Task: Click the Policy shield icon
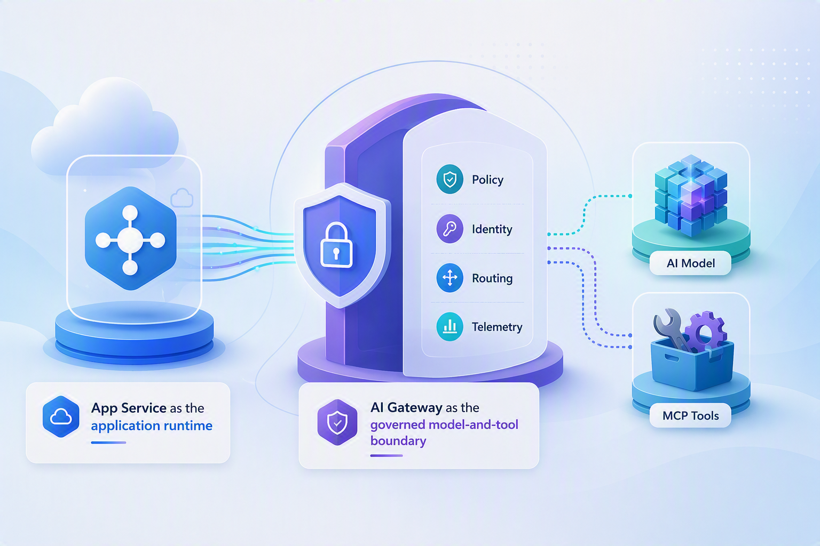450,179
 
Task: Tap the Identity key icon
450,229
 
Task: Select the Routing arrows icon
450,278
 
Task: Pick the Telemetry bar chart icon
450,326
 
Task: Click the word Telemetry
497,327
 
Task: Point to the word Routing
492,279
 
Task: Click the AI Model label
690,263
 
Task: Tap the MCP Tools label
690,415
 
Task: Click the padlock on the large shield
336,245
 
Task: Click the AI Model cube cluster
690,195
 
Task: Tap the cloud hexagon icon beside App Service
61,416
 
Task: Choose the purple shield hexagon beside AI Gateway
337,422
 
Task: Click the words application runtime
152,426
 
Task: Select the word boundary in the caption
398,440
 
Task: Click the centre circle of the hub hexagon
130,240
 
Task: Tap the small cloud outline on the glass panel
182,198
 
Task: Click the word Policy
487,180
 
